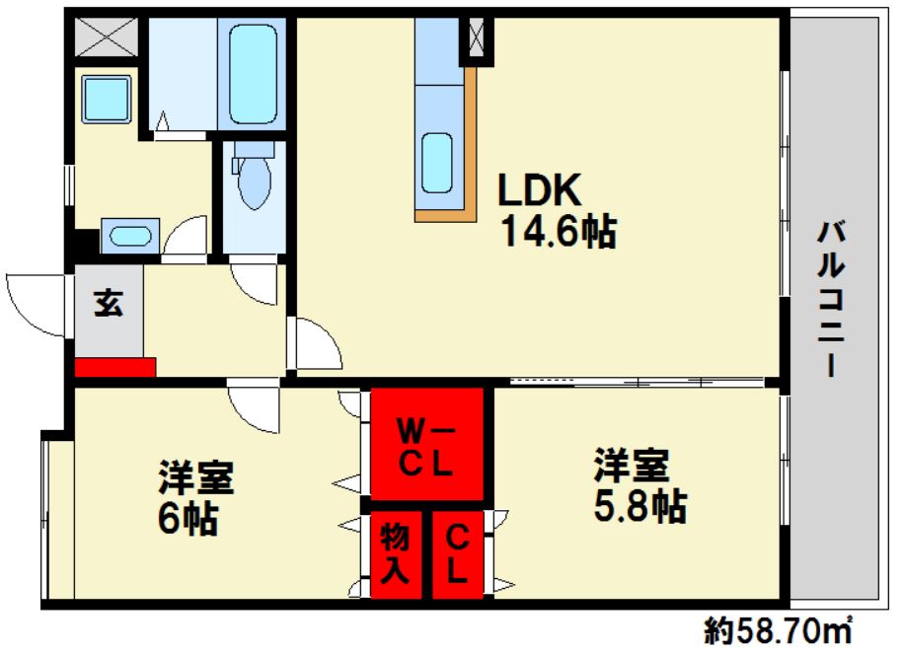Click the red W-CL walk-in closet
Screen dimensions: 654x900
[426, 445]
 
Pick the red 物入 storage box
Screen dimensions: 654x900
[395, 554]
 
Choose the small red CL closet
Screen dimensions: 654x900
[458, 554]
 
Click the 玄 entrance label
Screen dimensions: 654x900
[109, 304]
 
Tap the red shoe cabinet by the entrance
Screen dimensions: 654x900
[115, 367]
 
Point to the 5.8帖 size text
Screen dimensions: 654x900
[639, 507]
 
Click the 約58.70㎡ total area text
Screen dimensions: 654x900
[779, 628]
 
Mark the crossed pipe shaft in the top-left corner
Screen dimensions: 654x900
[107, 37]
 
